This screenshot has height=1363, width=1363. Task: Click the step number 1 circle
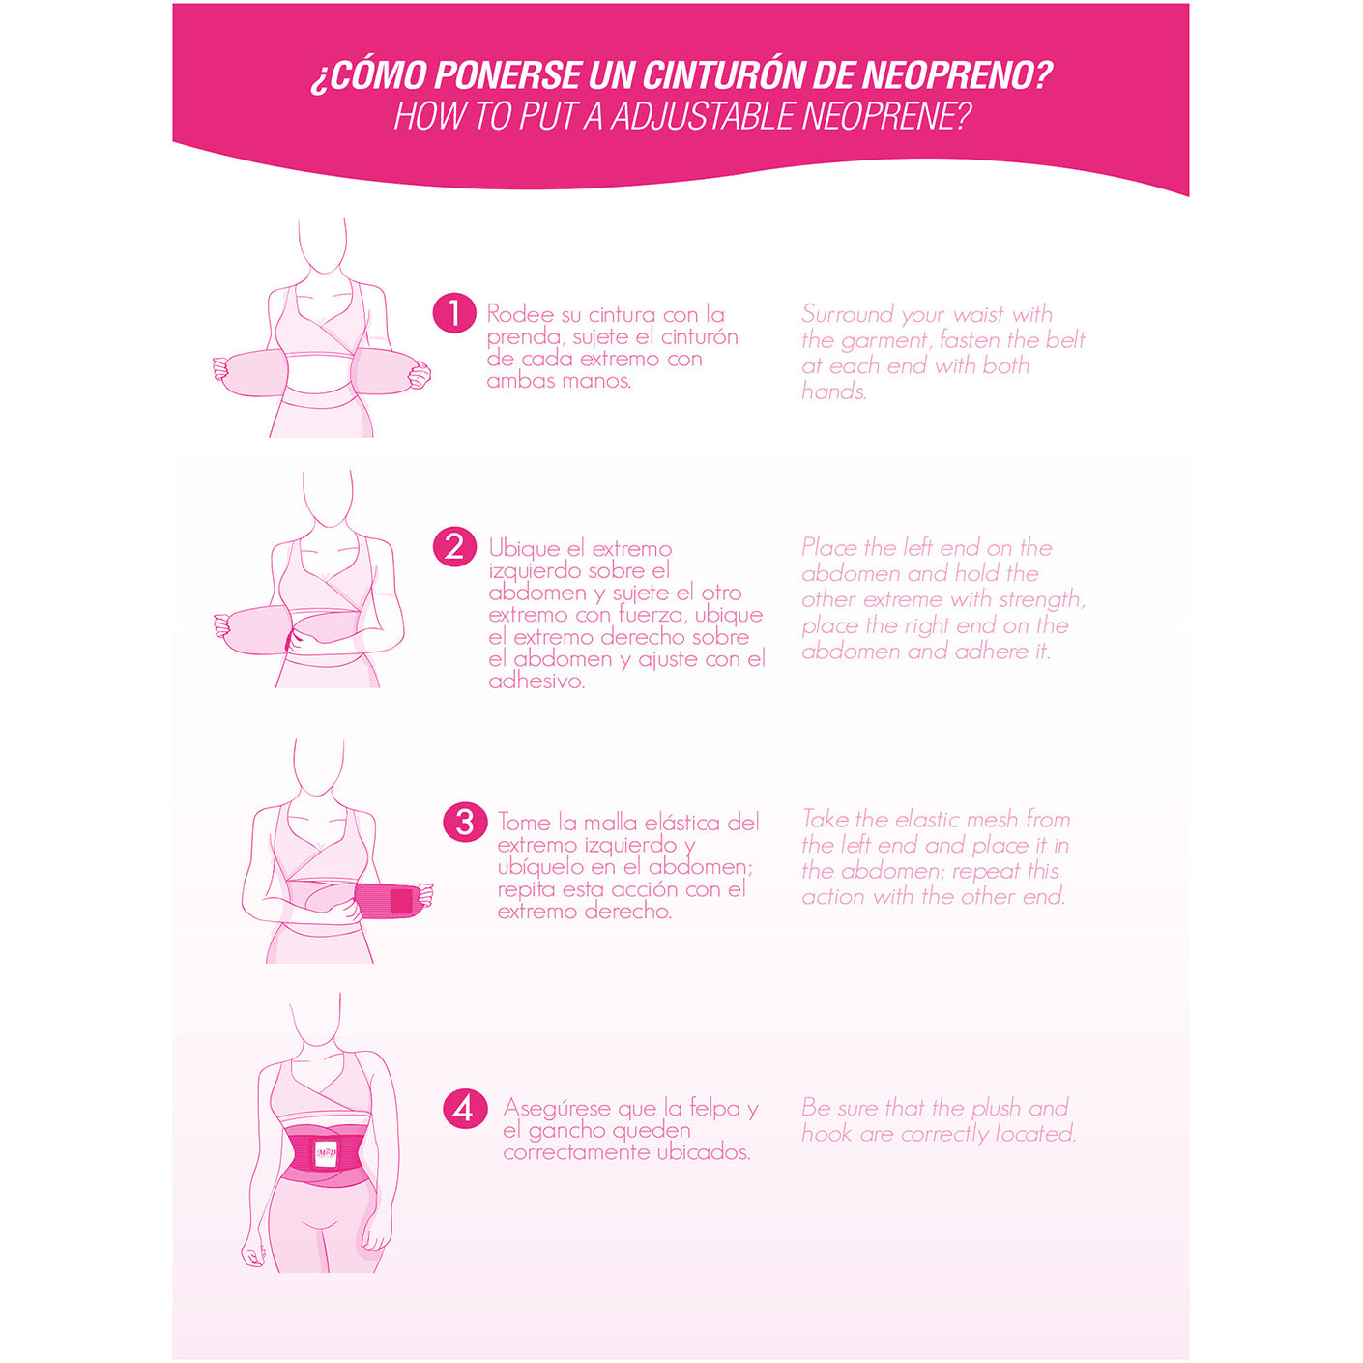click(x=453, y=314)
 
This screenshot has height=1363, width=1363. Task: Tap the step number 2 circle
click(x=453, y=547)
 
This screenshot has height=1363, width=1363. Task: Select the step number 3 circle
click(x=464, y=822)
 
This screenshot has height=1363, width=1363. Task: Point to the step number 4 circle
click(x=464, y=1108)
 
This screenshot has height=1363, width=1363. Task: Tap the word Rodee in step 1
click(x=520, y=314)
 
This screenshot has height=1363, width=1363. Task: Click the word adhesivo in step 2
click(x=536, y=681)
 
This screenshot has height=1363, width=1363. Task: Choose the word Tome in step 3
click(x=524, y=823)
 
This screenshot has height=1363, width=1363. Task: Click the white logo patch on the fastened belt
click(x=326, y=1152)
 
